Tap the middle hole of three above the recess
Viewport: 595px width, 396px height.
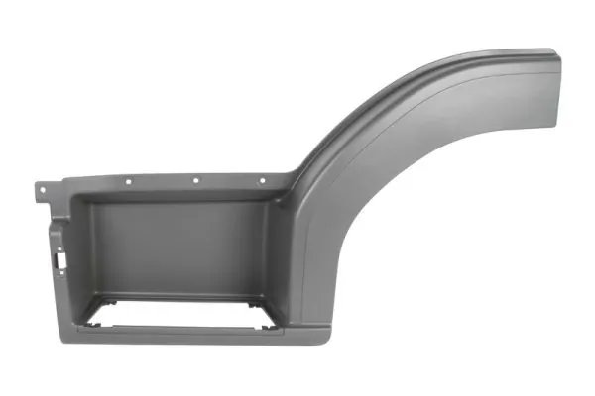pyautogui.click(x=196, y=181)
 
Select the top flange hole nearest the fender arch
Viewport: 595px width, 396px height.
pyautogui.click(x=262, y=181)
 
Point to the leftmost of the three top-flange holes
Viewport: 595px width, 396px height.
pyautogui.click(x=130, y=181)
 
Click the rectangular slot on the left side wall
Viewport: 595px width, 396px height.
pyautogui.click(x=61, y=261)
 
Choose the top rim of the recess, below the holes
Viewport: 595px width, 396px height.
pyautogui.click(x=188, y=199)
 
